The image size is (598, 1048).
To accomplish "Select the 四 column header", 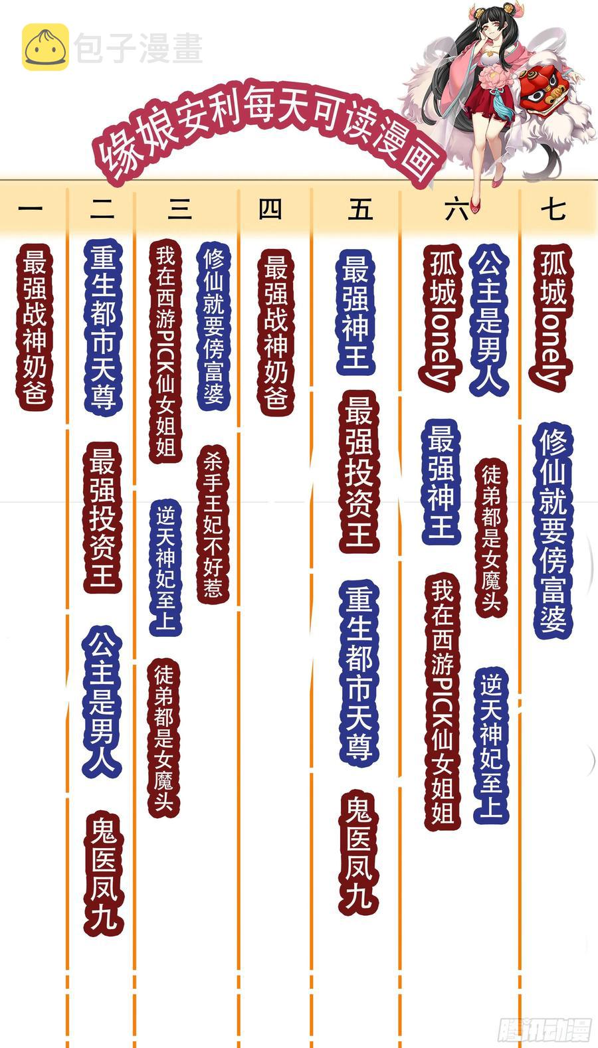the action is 270,209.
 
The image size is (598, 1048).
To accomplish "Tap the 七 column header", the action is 553,209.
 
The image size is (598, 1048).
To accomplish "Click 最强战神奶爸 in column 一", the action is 35,327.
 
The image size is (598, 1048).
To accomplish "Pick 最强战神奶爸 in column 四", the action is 276,332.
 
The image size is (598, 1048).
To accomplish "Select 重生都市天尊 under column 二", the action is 103,327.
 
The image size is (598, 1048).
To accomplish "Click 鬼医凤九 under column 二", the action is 104,873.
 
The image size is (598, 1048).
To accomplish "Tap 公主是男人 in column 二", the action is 102,702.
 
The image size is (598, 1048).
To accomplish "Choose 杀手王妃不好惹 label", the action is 213,524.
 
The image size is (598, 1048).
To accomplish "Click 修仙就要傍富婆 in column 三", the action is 213,326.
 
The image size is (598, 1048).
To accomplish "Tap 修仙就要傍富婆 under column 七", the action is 553,531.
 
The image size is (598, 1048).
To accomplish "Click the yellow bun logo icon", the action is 45,46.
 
